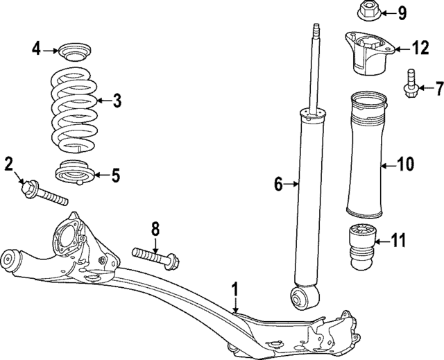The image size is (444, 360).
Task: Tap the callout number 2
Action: (x=9, y=164)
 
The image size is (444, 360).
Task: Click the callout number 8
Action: (x=155, y=228)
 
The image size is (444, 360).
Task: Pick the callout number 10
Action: (x=405, y=164)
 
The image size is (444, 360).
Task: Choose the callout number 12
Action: (x=420, y=48)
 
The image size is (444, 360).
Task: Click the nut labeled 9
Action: (x=368, y=12)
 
